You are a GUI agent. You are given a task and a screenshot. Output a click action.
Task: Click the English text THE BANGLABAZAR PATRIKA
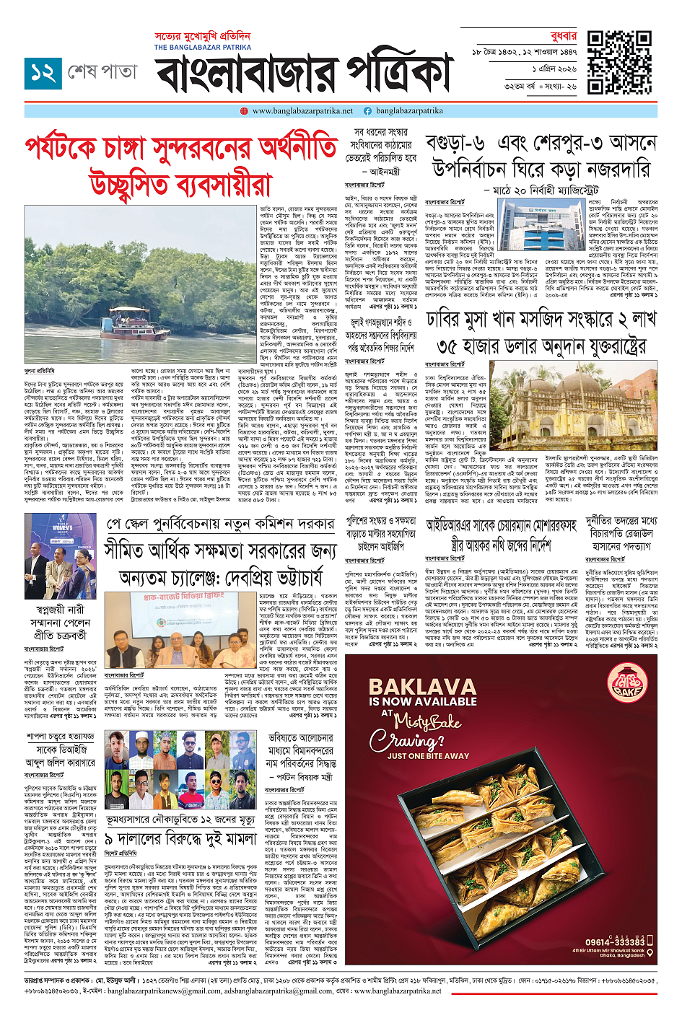pyautogui.click(x=203, y=47)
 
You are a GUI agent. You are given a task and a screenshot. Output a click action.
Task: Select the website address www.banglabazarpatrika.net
pyautogui.click(x=302, y=111)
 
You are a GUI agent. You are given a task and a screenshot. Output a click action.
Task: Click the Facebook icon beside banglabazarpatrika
pyautogui.click(x=367, y=111)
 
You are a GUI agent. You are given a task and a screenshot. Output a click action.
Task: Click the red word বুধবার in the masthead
pyautogui.click(x=563, y=35)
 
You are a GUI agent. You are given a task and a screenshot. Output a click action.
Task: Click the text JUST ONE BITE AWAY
pyautogui.click(x=427, y=756)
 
